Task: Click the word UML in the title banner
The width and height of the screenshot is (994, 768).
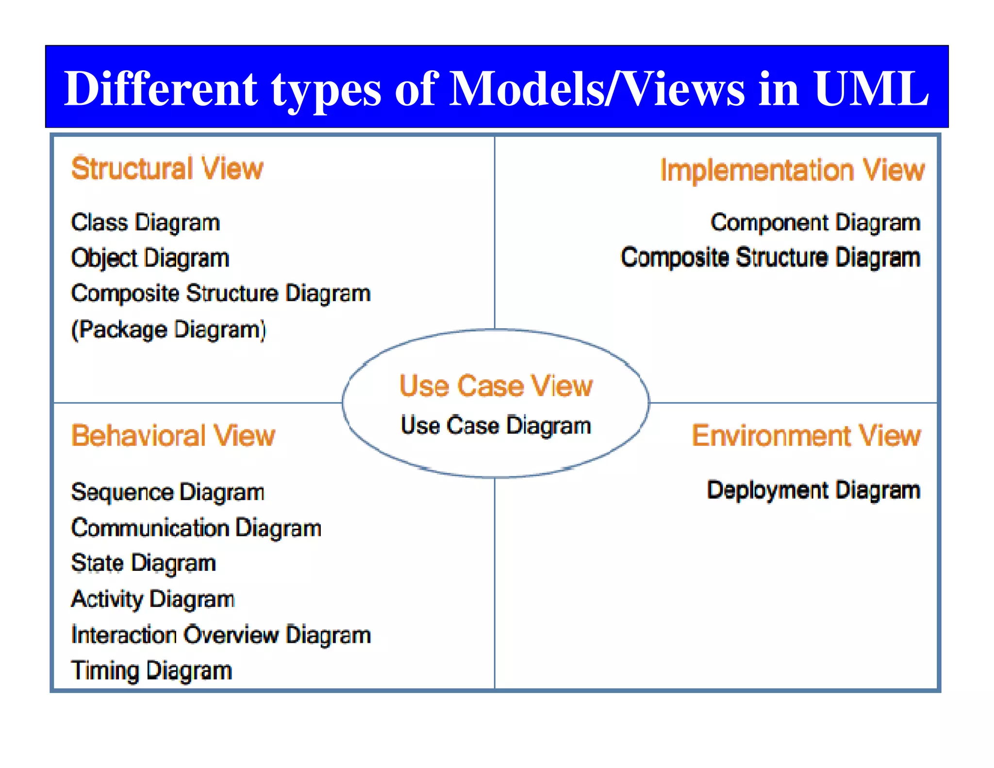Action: (871, 89)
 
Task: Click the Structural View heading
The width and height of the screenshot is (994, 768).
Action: (167, 169)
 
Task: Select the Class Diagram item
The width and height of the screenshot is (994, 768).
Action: (145, 223)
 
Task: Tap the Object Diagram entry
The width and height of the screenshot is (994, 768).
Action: (150, 258)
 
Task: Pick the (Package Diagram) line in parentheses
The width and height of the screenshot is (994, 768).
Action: (168, 330)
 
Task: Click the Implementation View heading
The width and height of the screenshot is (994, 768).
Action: (792, 170)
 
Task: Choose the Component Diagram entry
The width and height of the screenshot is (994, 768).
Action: (815, 223)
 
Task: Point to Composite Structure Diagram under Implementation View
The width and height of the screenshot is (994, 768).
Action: (770, 257)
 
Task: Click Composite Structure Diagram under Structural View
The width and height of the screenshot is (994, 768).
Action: (221, 294)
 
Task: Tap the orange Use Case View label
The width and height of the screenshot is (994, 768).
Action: (496, 386)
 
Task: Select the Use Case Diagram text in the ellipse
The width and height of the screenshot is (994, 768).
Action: (496, 425)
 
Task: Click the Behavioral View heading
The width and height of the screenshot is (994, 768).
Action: (173, 435)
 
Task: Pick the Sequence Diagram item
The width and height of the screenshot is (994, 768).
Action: (167, 492)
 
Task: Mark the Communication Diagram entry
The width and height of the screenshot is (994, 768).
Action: (196, 528)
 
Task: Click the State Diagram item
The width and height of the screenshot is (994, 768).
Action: (143, 564)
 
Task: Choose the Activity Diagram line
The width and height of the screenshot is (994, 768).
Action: (153, 599)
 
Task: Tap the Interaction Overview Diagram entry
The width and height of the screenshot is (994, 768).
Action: (221, 635)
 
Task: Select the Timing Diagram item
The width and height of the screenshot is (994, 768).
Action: (151, 671)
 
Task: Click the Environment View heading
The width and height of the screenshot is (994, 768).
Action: (806, 435)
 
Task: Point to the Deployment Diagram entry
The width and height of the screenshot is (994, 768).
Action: (813, 490)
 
